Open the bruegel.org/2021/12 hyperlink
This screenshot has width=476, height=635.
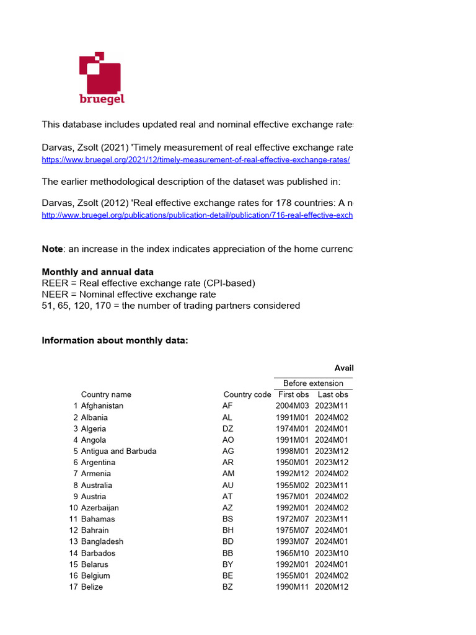196,159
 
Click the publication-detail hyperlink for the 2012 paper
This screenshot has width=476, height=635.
197,215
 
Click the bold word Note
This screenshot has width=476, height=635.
52,249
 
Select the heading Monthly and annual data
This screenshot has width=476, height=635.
97,272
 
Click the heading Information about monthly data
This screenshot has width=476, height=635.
114,340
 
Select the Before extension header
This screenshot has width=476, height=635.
313,383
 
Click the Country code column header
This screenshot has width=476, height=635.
247,394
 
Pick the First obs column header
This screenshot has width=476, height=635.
293,394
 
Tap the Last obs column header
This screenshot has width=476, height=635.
333,394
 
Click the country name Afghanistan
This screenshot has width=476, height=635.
102,406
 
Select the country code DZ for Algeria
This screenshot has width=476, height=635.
227,429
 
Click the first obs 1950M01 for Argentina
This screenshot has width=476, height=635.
292,462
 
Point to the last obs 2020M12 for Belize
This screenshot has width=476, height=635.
332,587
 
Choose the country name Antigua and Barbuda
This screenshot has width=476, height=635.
118,451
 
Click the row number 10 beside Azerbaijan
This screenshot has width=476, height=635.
73,507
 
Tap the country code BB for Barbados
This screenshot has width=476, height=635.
227,553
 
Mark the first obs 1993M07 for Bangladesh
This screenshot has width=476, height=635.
292,541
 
